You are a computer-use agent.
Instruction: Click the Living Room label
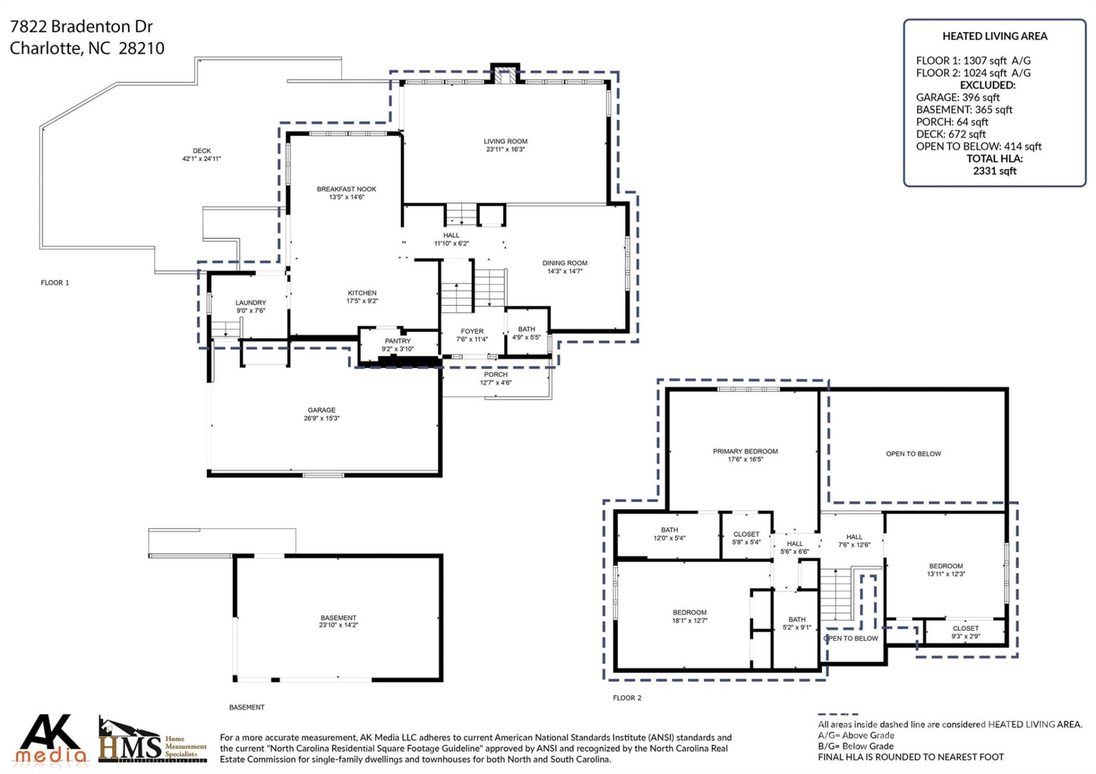(505, 141)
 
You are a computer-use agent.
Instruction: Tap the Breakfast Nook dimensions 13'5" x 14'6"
(346, 197)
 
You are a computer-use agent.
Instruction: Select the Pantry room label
(397, 341)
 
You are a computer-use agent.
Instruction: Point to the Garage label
(321, 410)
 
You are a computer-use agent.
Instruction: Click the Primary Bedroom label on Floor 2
(745, 451)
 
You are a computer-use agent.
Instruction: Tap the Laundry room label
(251, 303)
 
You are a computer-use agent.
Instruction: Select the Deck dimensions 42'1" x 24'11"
(202, 159)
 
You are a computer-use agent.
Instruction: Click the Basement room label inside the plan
(338, 618)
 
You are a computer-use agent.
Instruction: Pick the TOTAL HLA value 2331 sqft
(994, 171)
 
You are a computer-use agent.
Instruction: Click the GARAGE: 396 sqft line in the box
(957, 98)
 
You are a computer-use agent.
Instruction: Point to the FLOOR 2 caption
(627, 698)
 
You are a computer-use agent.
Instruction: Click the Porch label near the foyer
(495, 374)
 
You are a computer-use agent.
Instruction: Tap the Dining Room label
(565, 263)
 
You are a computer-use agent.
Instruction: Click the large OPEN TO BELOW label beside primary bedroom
(913, 454)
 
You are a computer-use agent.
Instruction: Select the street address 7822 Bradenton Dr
(82, 26)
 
